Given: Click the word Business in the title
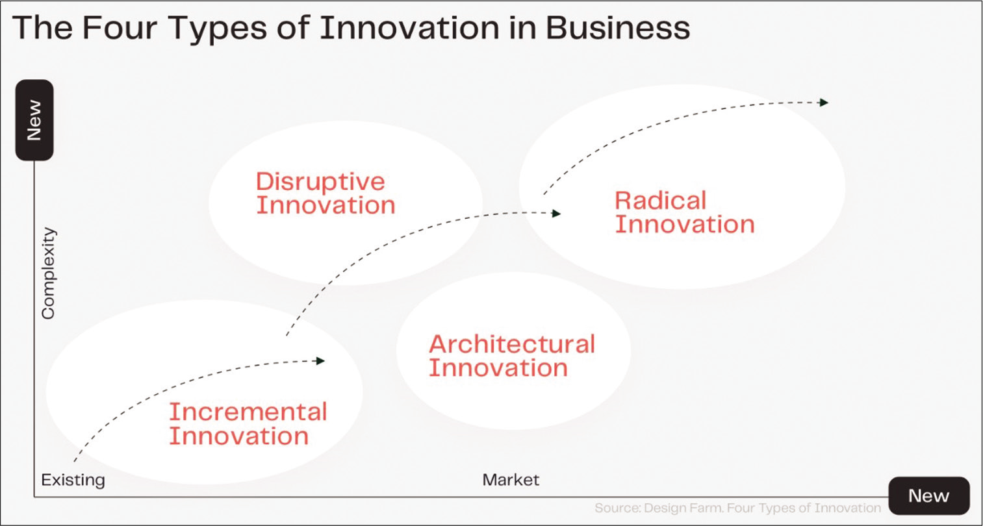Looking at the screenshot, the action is [618, 28].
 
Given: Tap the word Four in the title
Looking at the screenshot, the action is [120, 28].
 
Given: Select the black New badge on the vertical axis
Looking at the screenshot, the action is [34, 119].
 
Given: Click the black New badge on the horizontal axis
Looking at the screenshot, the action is [928, 495].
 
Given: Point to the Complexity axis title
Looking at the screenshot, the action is [48, 273].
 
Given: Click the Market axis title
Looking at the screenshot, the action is [511, 479].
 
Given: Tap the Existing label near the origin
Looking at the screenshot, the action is [73, 480].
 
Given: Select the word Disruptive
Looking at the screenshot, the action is [320, 182].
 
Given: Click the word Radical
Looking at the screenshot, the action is [661, 201].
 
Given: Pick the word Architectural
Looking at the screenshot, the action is [512, 344].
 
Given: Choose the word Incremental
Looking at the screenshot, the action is [248, 412].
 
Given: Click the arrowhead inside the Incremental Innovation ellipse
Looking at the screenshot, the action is [320, 360].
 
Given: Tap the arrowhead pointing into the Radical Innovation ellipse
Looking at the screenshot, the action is [556, 214].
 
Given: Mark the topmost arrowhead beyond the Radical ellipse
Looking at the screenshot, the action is [824, 103].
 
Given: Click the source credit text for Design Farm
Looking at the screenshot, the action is [737, 508].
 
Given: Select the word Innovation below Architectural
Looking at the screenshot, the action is [498, 368].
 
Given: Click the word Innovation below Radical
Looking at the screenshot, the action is [685, 224].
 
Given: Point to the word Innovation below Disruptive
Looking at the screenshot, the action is [326, 205].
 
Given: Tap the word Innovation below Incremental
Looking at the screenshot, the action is [239, 436].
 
